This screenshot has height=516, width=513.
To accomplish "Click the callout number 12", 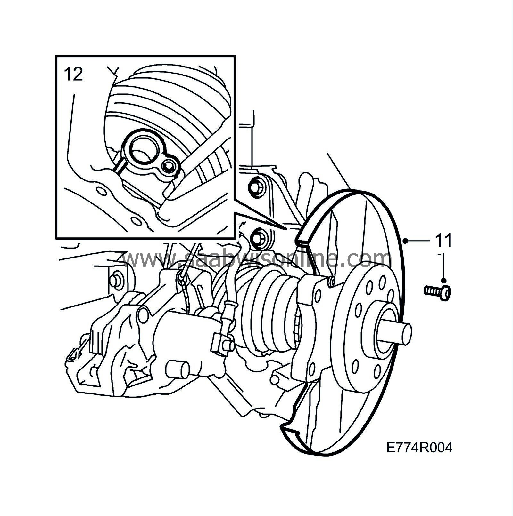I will pyautogui.click(x=74, y=74).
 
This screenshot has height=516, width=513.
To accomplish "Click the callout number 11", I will pyautogui.click(x=443, y=241).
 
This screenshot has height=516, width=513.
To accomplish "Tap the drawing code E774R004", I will pyautogui.click(x=419, y=448).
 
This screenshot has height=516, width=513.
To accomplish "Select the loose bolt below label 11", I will pyautogui.click(x=437, y=291).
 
